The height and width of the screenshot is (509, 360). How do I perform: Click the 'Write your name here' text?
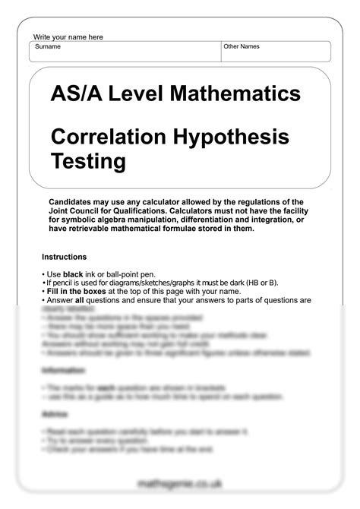coord(68,37)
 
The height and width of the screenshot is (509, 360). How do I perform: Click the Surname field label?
coord(48,47)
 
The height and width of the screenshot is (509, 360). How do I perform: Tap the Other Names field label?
coord(242,47)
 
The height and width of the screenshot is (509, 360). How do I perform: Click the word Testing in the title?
coord(88,161)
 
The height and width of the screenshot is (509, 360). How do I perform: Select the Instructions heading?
coord(64,257)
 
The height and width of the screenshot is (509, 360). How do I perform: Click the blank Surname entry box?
coord(125,55)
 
